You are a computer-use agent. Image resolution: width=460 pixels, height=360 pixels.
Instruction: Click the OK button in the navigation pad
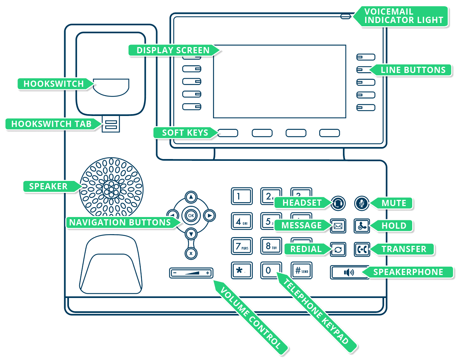pyautogui.click(x=191, y=216)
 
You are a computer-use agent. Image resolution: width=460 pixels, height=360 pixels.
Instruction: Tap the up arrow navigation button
pyautogui.click(x=191, y=197)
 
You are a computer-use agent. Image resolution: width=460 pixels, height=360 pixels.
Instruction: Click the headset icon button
pyautogui.click(x=338, y=203)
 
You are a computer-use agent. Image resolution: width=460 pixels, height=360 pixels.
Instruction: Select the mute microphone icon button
pyautogui.click(x=362, y=203)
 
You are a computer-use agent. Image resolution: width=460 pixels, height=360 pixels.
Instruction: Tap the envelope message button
pyautogui.click(x=338, y=226)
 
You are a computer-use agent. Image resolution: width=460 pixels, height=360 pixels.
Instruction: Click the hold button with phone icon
pyautogui.click(x=362, y=226)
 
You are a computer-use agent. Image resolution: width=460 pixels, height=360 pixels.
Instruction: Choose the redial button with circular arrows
pyautogui.click(x=338, y=249)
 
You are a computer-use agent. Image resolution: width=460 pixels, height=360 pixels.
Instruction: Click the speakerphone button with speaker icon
pyautogui.click(x=349, y=272)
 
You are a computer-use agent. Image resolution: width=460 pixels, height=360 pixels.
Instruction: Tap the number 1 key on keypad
pyautogui.click(x=241, y=196)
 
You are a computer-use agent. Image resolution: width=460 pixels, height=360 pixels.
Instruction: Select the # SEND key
pyautogui.click(x=301, y=271)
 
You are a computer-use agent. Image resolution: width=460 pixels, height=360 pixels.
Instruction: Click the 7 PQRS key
pyautogui.click(x=241, y=246)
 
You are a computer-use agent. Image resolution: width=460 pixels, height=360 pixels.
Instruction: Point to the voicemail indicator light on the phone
pyautogui.click(x=345, y=16)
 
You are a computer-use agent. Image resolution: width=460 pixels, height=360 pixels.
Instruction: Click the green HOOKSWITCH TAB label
pyautogui.click(x=51, y=124)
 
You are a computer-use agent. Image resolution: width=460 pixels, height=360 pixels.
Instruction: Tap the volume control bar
pyautogui.click(x=191, y=273)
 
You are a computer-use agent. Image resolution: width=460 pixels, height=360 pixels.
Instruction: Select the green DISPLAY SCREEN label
pyautogui.click(x=173, y=50)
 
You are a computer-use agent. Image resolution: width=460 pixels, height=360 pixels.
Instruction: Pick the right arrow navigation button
pyautogui.click(x=209, y=216)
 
